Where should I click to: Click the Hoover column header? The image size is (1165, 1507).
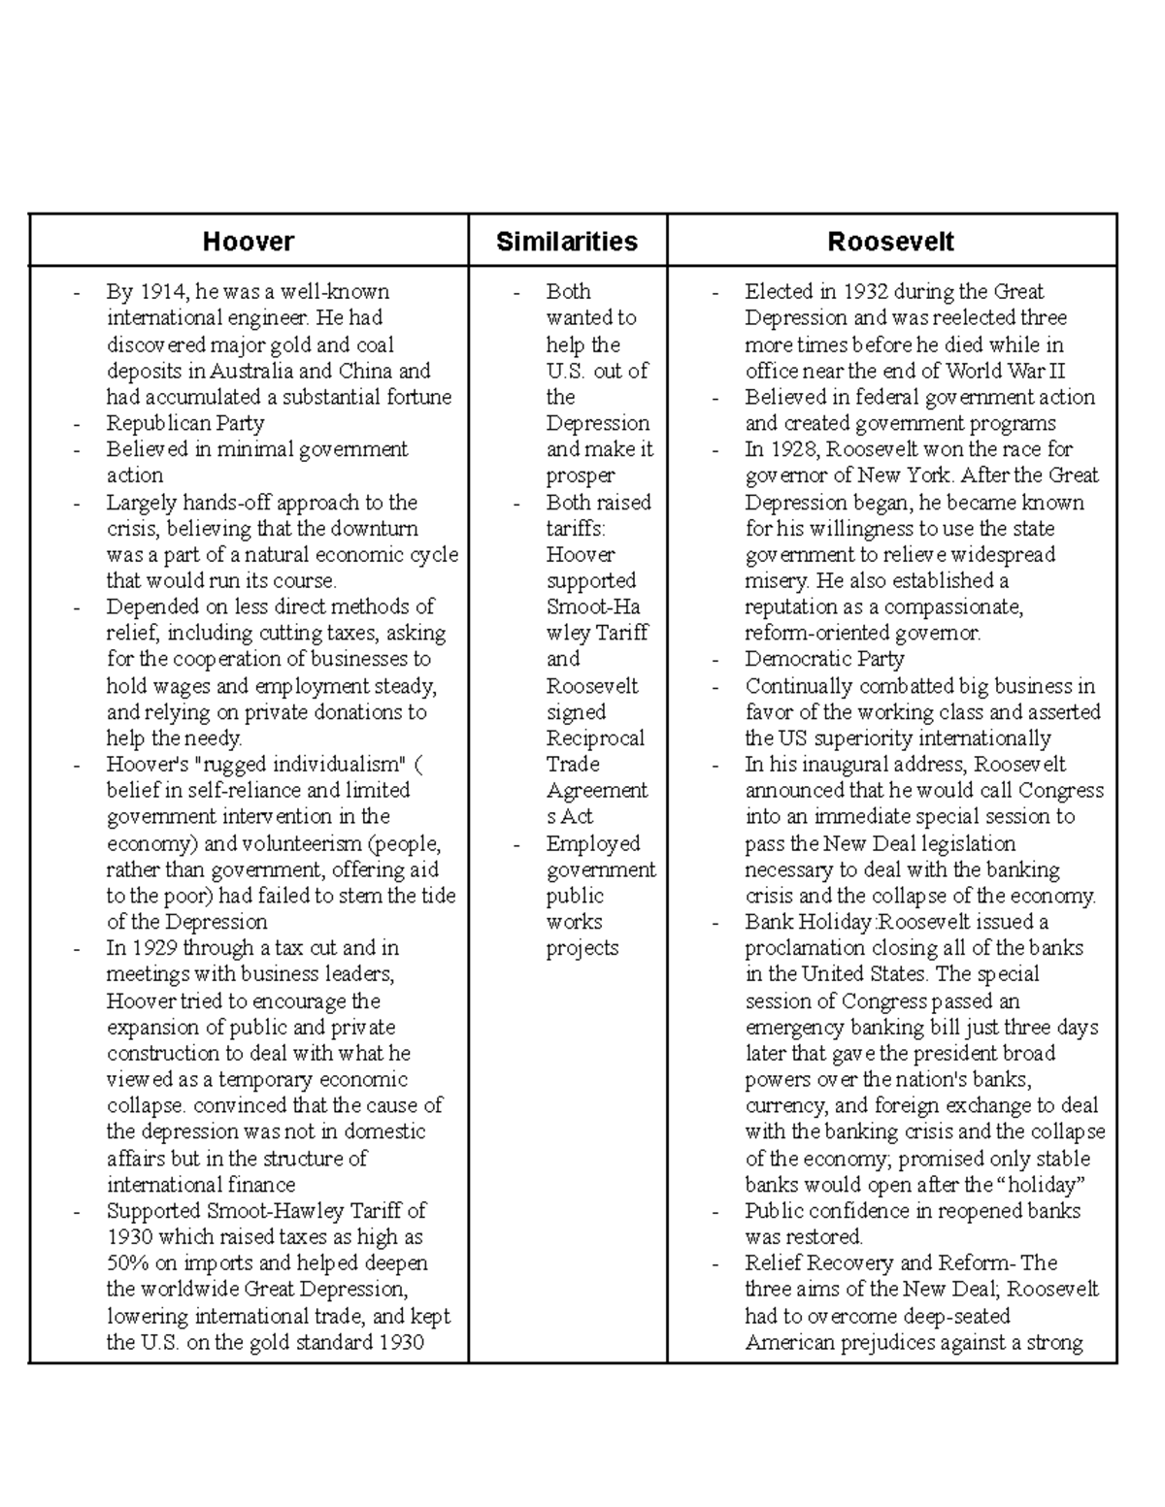tap(249, 242)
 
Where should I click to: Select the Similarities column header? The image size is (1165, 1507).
tap(567, 242)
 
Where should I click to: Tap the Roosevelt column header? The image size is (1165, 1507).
tap(890, 242)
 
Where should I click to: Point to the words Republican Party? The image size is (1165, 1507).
tap(184, 423)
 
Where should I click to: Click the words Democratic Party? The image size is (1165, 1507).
tap(824, 659)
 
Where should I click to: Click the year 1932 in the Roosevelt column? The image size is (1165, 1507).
tap(865, 292)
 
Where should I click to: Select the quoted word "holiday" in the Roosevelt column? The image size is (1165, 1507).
tap(1041, 1185)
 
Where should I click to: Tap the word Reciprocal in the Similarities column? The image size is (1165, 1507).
tap(594, 738)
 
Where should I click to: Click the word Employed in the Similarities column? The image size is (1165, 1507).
tap(592, 843)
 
